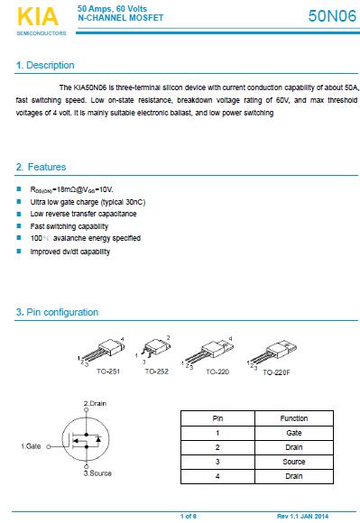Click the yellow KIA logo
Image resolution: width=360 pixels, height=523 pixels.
[38, 16]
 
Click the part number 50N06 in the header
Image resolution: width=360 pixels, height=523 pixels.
[332, 15]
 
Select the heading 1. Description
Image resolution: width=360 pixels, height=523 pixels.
[45, 65]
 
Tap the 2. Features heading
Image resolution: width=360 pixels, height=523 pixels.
[41, 167]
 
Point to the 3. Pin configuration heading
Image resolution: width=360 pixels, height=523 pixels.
[57, 312]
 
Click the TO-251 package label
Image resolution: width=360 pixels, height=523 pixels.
[108, 372]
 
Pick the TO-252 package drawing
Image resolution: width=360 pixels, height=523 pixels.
[155, 350]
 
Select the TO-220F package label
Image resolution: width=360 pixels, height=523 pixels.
[276, 372]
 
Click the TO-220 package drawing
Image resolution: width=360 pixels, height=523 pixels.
[209, 353]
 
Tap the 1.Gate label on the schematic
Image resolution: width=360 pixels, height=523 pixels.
[31, 446]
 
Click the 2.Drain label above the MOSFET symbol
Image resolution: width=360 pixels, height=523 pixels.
[95, 403]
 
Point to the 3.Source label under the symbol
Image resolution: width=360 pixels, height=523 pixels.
[97, 473]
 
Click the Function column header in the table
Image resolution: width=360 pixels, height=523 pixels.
[294, 418]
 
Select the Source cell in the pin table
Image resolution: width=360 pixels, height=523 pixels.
[294, 462]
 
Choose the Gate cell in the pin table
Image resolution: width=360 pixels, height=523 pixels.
[294, 433]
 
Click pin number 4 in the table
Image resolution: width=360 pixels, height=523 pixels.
[217, 476]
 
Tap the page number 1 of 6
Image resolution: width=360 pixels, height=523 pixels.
[189, 516]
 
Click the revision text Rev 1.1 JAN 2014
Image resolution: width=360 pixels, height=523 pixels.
[302, 516]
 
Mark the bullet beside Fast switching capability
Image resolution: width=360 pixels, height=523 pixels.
[19, 226]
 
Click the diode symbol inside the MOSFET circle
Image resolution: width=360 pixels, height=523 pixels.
[98, 439]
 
